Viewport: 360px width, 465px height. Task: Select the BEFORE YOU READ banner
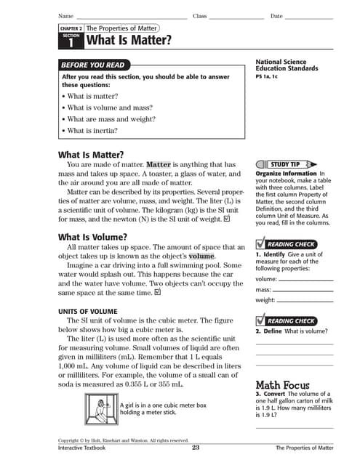click(x=94, y=65)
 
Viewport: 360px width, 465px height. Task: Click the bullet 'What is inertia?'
click(x=92, y=131)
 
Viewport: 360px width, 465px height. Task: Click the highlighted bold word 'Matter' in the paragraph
click(x=158, y=165)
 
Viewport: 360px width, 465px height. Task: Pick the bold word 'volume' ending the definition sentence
click(x=201, y=256)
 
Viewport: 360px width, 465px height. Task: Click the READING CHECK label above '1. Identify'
click(x=290, y=244)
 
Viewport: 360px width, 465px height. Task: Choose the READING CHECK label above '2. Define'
click(x=290, y=320)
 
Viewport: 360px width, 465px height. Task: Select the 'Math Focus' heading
click(x=282, y=385)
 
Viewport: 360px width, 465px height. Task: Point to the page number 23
click(x=196, y=448)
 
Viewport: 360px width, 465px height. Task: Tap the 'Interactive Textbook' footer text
click(x=81, y=448)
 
